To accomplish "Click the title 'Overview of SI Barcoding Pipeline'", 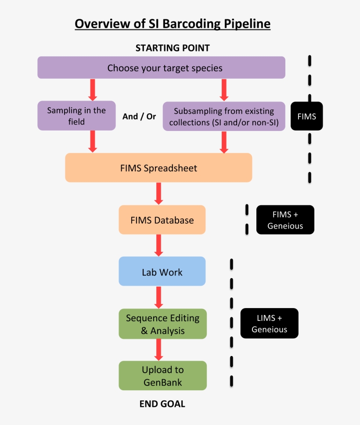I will pyautogui.click(x=173, y=23).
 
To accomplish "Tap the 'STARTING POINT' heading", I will pyautogui.click(x=173, y=48).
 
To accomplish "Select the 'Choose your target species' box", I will pyautogui.click(x=161, y=68).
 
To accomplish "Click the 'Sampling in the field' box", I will pyautogui.click(x=76, y=116).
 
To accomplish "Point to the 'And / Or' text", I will pyautogui.click(x=139, y=117).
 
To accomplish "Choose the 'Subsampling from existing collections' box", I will pyautogui.click(x=224, y=116).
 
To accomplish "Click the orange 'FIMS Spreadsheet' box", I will pyautogui.click(x=158, y=168).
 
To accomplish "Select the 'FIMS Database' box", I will pyautogui.click(x=162, y=220).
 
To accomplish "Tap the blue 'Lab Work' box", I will pyautogui.click(x=162, y=272).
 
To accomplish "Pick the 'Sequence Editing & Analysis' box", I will pyautogui.click(x=162, y=324).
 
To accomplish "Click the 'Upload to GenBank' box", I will pyautogui.click(x=162, y=376).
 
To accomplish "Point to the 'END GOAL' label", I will pyautogui.click(x=162, y=404).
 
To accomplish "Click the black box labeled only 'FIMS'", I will pyautogui.click(x=306, y=116).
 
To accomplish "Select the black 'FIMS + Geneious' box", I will pyautogui.click(x=285, y=220).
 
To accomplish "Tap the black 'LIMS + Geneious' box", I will pyautogui.click(x=269, y=323).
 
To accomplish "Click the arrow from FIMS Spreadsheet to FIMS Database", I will pyautogui.click(x=159, y=193).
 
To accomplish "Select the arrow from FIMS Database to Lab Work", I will pyautogui.click(x=159, y=245).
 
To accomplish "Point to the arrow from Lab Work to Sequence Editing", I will pyautogui.click(x=159, y=297).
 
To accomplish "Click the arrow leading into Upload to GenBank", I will pyautogui.click(x=159, y=349).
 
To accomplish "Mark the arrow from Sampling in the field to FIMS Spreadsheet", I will pyautogui.click(x=92, y=142).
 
